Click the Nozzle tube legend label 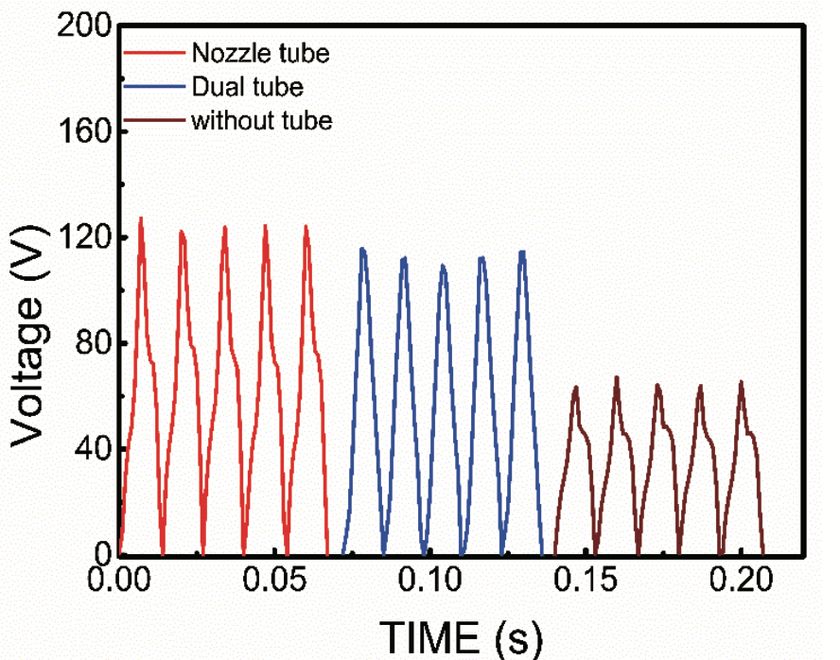[260, 52]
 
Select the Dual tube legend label [247, 87]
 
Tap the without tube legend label [261, 121]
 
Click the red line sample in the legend [154, 52]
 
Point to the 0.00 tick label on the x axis [120, 578]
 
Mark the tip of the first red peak [141, 218]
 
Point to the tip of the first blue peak [362, 249]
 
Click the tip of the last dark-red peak [741, 381]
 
